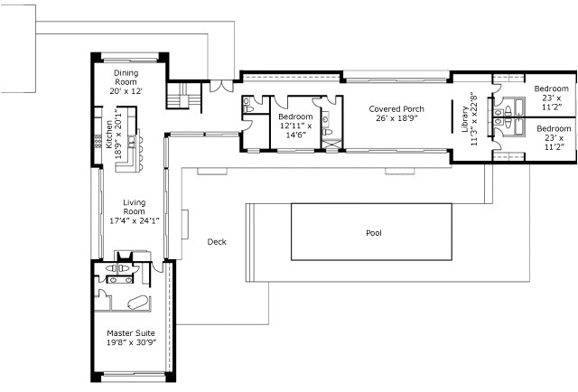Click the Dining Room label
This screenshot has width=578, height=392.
[x=126, y=78]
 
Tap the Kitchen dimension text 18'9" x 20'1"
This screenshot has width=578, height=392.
[x=119, y=134]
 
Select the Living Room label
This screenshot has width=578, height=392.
[x=134, y=207]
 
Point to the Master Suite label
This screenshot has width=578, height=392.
[x=131, y=333]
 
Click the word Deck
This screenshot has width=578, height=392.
[x=217, y=242]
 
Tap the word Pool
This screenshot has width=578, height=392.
[x=374, y=233]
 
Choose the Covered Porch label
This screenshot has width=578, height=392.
[x=396, y=109]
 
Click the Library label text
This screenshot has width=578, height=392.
[x=465, y=119]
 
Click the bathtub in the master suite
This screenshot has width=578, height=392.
[x=138, y=303]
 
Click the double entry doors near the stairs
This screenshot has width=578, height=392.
[x=221, y=86]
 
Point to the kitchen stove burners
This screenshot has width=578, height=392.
[x=98, y=142]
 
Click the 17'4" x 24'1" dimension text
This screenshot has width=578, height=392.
[x=135, y=221]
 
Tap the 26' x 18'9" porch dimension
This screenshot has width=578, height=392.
[x=396, y=118]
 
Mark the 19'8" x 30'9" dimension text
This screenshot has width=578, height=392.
[x=131, y=342]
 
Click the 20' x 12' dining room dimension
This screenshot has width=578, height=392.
[x=126, y=90]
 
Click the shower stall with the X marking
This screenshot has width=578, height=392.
[x=332, y=145]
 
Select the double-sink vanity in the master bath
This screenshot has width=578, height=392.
[x=119, y=279]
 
